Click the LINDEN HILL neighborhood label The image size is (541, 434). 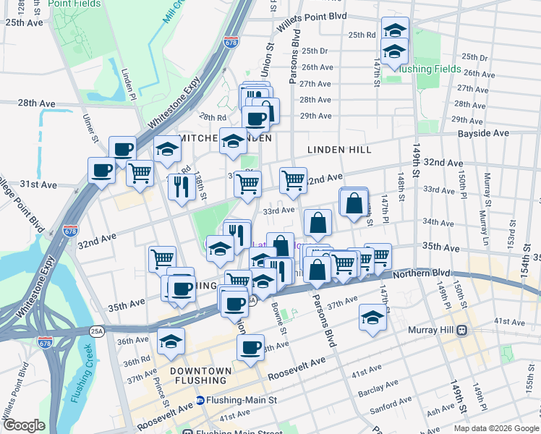pos(339,150)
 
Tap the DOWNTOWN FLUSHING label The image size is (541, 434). pos(201,371)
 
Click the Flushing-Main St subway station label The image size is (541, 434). pos(241,400)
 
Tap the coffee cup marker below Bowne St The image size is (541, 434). pos(251,347)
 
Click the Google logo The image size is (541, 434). pos(24,425)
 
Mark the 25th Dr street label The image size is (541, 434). pos(315,51)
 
